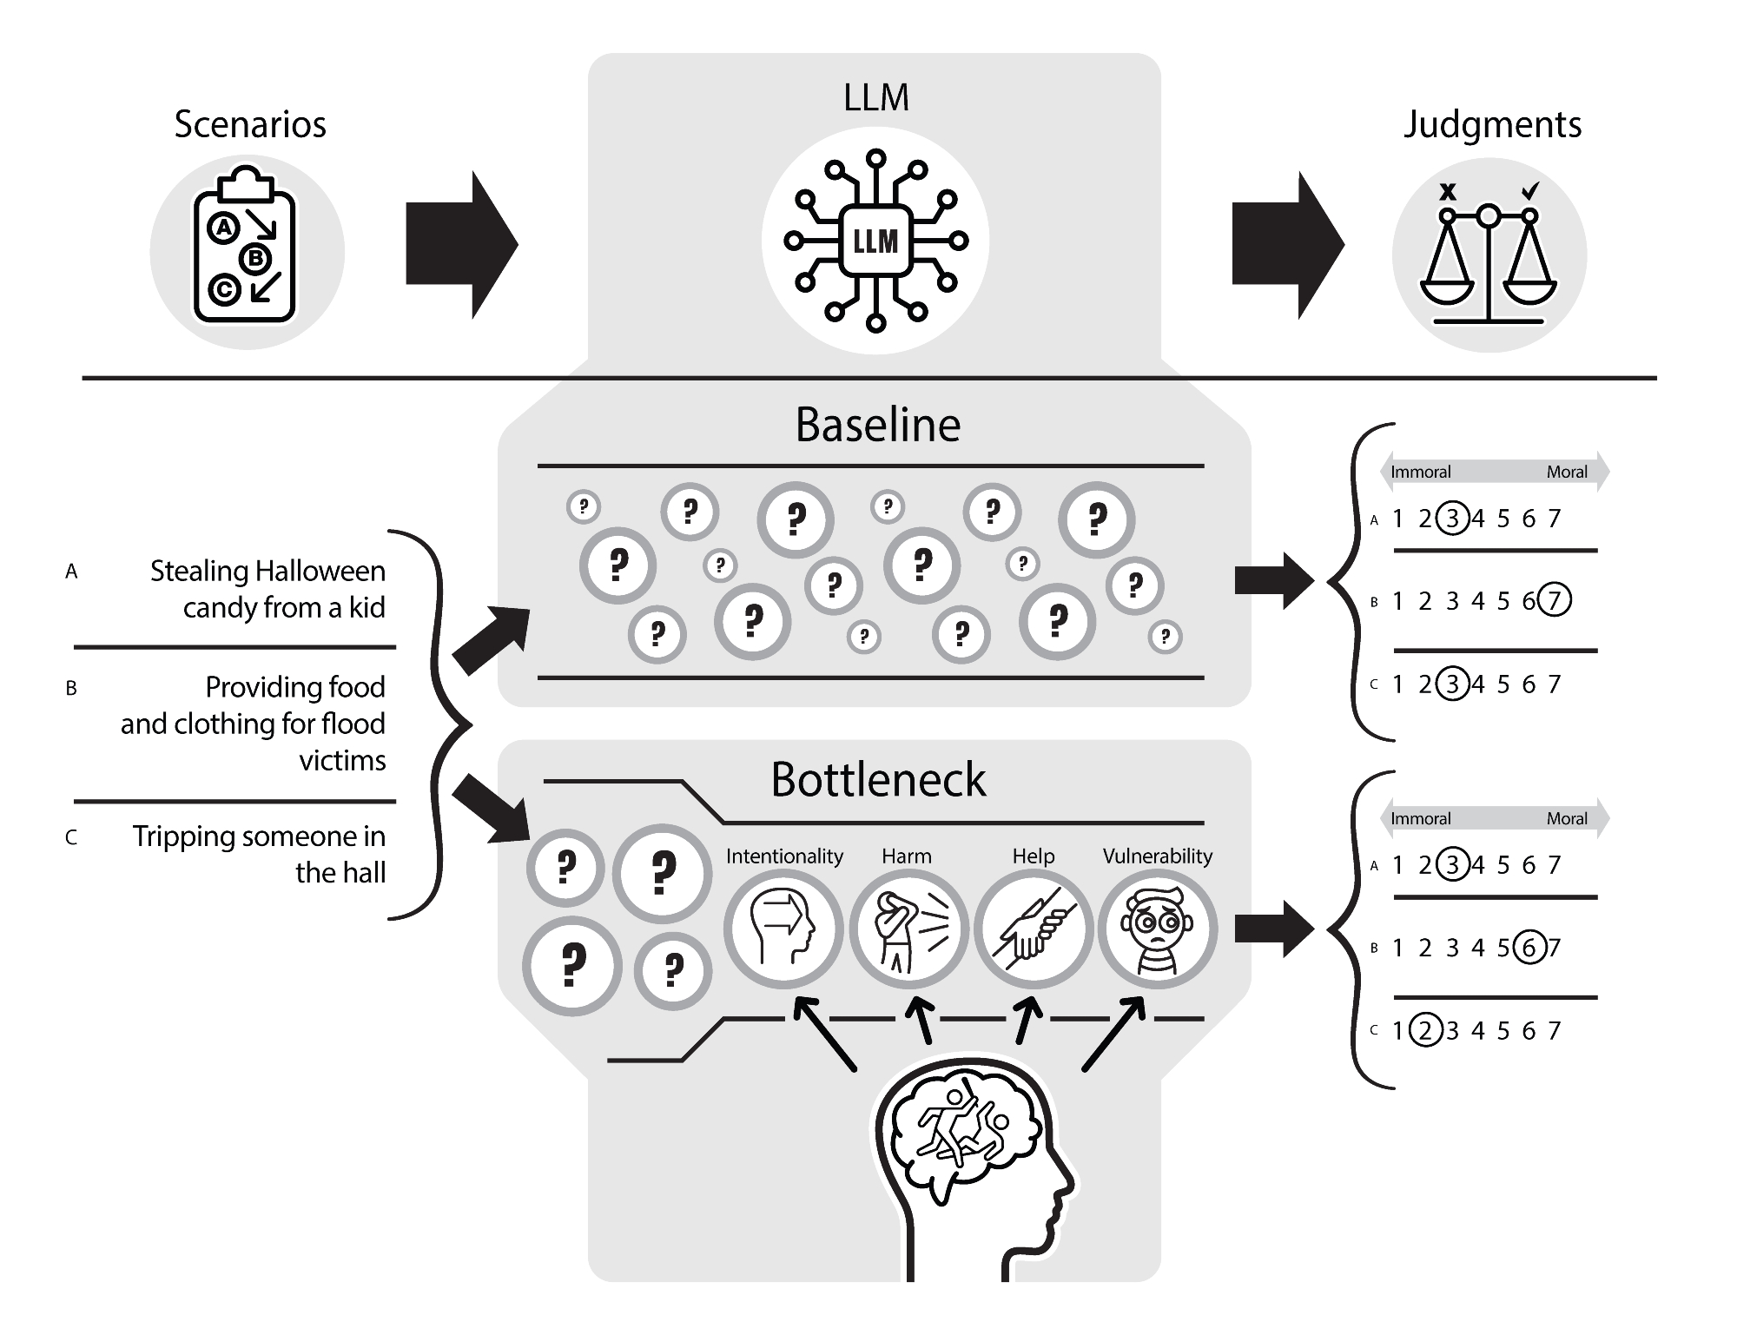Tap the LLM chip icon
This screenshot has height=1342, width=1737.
point(875,241)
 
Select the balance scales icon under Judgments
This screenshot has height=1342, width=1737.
point(1489,255)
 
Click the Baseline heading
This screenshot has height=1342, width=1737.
point(877,426)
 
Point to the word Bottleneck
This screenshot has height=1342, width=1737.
point(877,780)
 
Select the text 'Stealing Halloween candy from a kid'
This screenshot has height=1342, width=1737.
point(267,589)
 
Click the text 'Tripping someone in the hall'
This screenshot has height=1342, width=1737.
point(259,854)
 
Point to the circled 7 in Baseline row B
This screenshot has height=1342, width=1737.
point(1554,600)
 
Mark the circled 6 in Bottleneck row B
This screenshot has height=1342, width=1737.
point(1529,947)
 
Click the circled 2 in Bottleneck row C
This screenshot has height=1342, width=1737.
point(1424,1030)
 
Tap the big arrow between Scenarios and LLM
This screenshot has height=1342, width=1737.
point(461,245)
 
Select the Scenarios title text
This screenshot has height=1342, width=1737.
point(250,124)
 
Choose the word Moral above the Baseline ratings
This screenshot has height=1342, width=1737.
point(1567,473)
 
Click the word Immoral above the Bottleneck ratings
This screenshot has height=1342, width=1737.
point(1421,818)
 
